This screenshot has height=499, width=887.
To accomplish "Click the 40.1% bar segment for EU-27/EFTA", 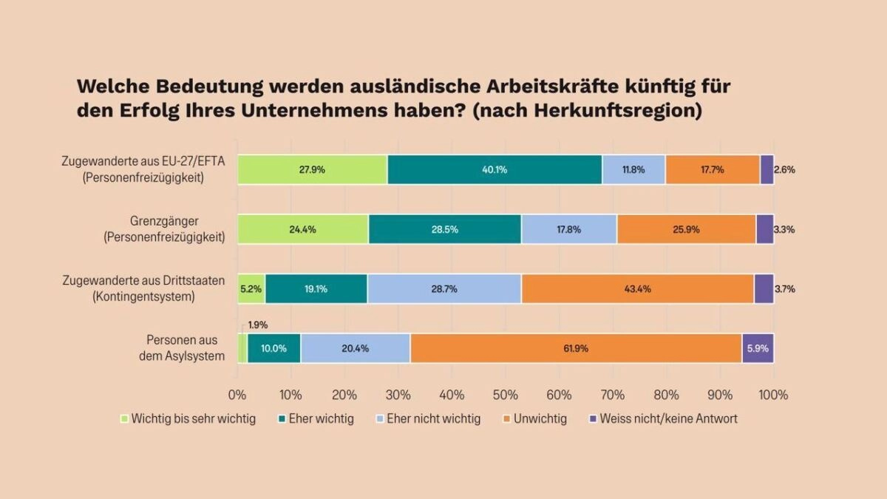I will tap(495, 169).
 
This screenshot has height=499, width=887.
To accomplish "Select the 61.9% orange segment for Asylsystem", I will tap(576, 348).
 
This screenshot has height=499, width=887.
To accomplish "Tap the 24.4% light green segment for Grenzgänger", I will tap(303, 229).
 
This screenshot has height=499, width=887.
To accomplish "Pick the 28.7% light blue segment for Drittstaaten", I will tap(444, 288).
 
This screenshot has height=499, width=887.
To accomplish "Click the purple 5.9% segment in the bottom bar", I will tap(758, 348).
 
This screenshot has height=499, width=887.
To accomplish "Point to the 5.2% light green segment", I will tap(251, 288).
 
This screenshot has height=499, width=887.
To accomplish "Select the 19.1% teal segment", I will tap(316, 288).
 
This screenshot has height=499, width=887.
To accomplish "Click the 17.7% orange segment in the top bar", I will tap(712, 169).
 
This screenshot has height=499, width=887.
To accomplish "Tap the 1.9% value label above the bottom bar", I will tap(258, 325).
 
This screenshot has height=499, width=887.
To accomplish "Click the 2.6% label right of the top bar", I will tap(785, 169).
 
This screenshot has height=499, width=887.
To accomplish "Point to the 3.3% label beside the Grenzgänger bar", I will tap(785, 229).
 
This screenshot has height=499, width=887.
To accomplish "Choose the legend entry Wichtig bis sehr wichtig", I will tap(193, 418).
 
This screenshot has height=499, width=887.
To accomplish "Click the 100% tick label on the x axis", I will tap(773, 394).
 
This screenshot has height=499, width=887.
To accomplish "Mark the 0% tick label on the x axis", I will tap(237, 394).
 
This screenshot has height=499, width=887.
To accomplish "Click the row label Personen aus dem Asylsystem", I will tap(186, 348).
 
